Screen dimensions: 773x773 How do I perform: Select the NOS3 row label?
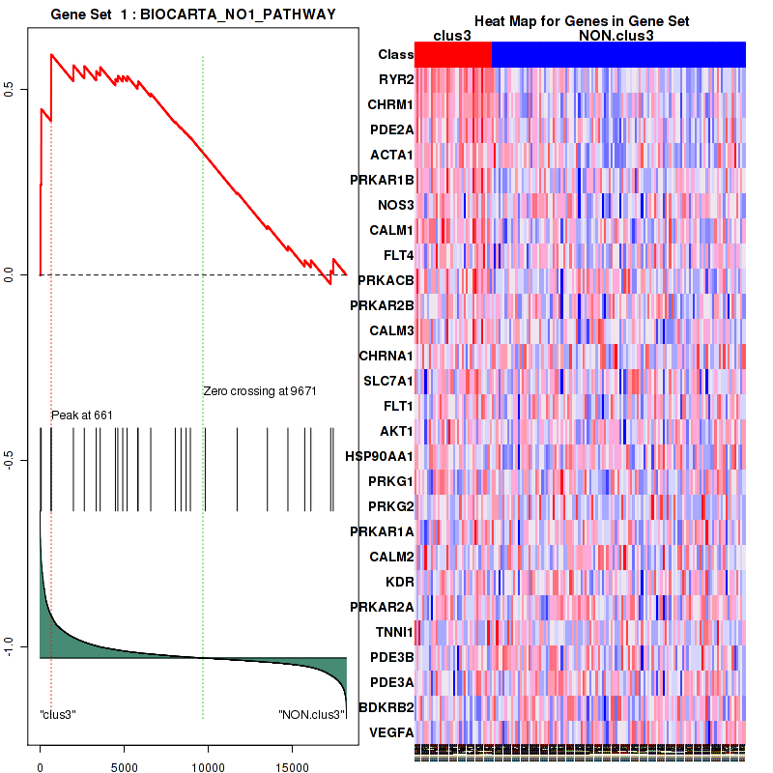(x=392, y=205)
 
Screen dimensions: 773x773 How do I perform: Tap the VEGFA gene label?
(x=390, y=732)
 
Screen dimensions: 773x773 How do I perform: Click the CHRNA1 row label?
(x=386, y=356)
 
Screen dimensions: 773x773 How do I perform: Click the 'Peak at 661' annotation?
(x=82, y=415)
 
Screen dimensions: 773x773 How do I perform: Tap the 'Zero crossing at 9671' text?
(x=260, y=391)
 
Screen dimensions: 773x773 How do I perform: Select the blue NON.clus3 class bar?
(x=618, y=54)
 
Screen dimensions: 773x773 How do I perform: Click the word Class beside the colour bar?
(x=395, y=55)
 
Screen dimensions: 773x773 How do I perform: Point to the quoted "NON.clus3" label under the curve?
(x=311, y=715)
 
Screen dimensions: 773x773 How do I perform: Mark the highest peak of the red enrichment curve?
(x=51, y=54)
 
